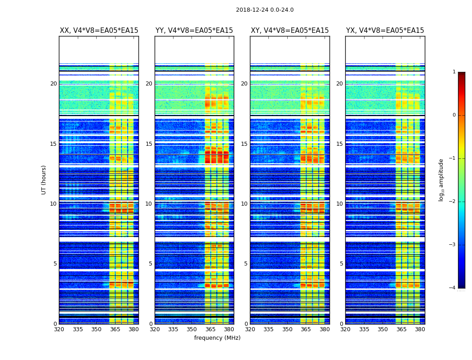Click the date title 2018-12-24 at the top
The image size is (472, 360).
[x=264, y=10]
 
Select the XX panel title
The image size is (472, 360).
[x=99, y=31]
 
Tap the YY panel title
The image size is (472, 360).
[x=194, y=31]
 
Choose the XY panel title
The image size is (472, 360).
[x=289, y=31]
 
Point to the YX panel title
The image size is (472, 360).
[x=385, y=31]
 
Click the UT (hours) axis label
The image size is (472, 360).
[x=44, y=180]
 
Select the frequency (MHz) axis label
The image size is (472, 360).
[x=217, y=338]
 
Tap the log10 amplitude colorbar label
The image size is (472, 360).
[x=441, y=180]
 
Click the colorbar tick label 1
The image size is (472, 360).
[x=454, y=72]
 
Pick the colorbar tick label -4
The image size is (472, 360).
[x=453, y=288]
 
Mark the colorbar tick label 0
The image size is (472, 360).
[x=454, y=115]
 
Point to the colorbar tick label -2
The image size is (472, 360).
[x=453, y=202]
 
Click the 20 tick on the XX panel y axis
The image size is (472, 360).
[x=53, y=84]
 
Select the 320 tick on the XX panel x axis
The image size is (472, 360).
[x=59, y=329]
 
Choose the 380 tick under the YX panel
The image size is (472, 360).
[x=420, y=329]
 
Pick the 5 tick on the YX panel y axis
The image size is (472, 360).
[x=341, y=264]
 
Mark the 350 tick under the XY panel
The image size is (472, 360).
[x=287, y=329]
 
